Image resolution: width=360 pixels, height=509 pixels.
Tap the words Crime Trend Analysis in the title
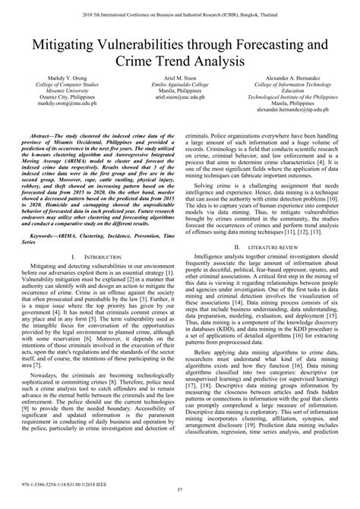coord(180,64)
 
